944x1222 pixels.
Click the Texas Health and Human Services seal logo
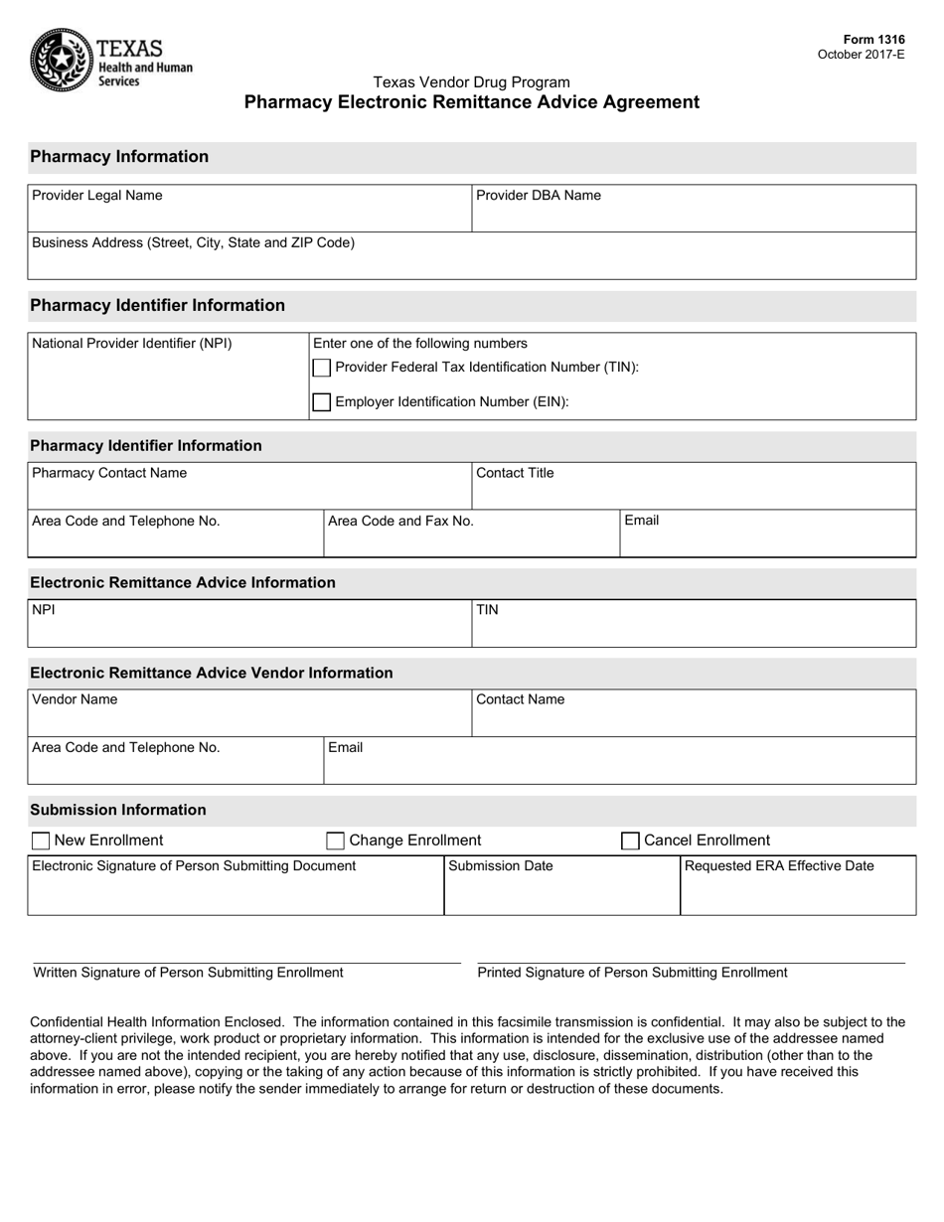click(x=62, y=60)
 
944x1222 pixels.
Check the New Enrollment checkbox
click(x=41, y=841)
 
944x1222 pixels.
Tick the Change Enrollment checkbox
click(x=336, y=841)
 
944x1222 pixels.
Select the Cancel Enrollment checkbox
click(x=630, y=841)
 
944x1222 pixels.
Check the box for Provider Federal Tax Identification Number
click(x=322, y=368)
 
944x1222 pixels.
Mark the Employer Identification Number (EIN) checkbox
click(x=322, y=402)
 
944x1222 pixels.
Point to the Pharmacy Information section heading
click(x=119, y=157)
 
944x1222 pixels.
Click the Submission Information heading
click(x=118, y=810)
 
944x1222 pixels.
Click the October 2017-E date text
click(x=861, y=55)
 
